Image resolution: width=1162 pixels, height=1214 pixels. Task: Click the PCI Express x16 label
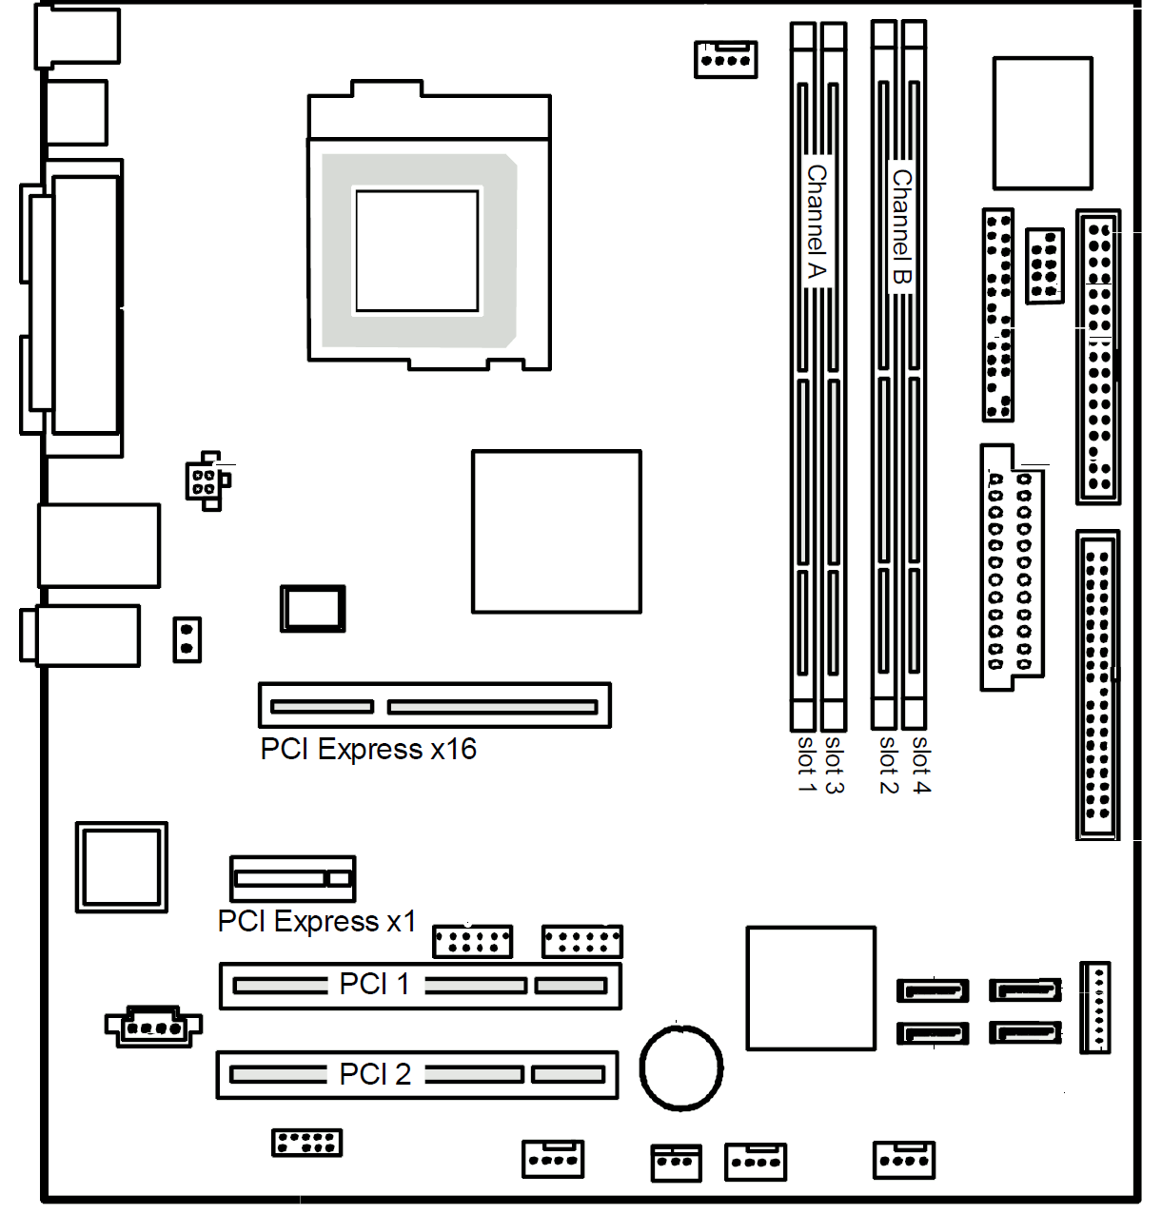click(x=368, y=750)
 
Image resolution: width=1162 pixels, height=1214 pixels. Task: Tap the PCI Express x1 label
click(x=317, y=921)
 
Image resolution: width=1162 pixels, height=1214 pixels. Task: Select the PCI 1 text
click(x=374, y=984)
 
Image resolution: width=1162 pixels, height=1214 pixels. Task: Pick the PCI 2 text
click(x=375, y=1073)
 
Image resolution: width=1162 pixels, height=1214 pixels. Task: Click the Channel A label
click(x=817, y=222)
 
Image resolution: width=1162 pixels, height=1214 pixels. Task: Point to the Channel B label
click(x=902, y=227)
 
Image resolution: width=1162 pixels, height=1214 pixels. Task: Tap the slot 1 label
click(x=807, y=765)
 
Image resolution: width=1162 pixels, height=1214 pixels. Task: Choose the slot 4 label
click(x=921, y=765)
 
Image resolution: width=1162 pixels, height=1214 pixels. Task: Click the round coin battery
click(x=680, y=1068)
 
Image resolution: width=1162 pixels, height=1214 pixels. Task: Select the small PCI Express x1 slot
click(x=293, y=878)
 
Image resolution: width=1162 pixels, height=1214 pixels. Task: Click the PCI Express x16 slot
click(x=435, y=705)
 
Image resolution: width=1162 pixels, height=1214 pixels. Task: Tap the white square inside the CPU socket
click(x=417, y=251)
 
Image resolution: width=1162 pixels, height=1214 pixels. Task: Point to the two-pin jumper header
click(x=187, y=639)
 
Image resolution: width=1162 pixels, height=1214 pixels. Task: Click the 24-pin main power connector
click(x=1011, y=567)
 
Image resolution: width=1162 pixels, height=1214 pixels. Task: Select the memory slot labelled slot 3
click(x=834, y=376)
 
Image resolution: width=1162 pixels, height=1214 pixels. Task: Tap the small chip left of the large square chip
click(x=313, y=608)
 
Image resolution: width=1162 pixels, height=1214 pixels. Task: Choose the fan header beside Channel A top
click(x=726, y=60)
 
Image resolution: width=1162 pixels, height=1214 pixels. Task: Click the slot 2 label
click(x=887, y=765)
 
